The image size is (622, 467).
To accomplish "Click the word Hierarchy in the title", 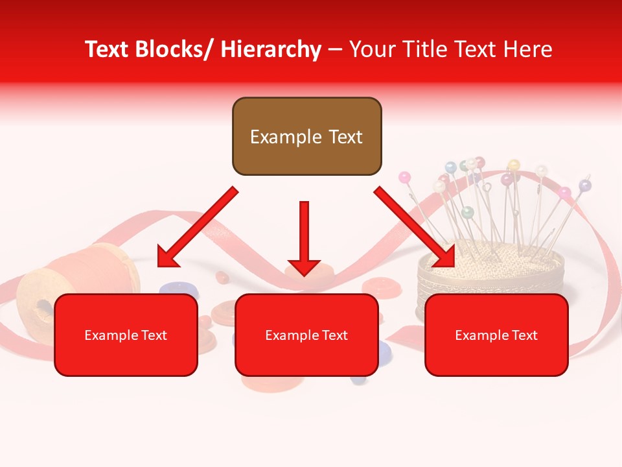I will pyautogui.click(x=271, y=50).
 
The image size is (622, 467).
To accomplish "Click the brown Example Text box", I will pyautogui.click(x=306, y=137).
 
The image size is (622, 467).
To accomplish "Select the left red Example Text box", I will pyautogui.click(x=126, y=335).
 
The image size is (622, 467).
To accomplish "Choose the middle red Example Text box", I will pyautogui.click(x=306, y=335).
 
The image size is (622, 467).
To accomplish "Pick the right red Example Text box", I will pyautogui.click(x=496, y=335).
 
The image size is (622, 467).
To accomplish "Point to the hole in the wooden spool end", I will pyautogui.click(x=42, y=305).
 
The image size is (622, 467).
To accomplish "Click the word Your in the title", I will pyautogui.click(x=372, y=50).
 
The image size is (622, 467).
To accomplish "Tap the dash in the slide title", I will pyautogui.click(x=334, y=50).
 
